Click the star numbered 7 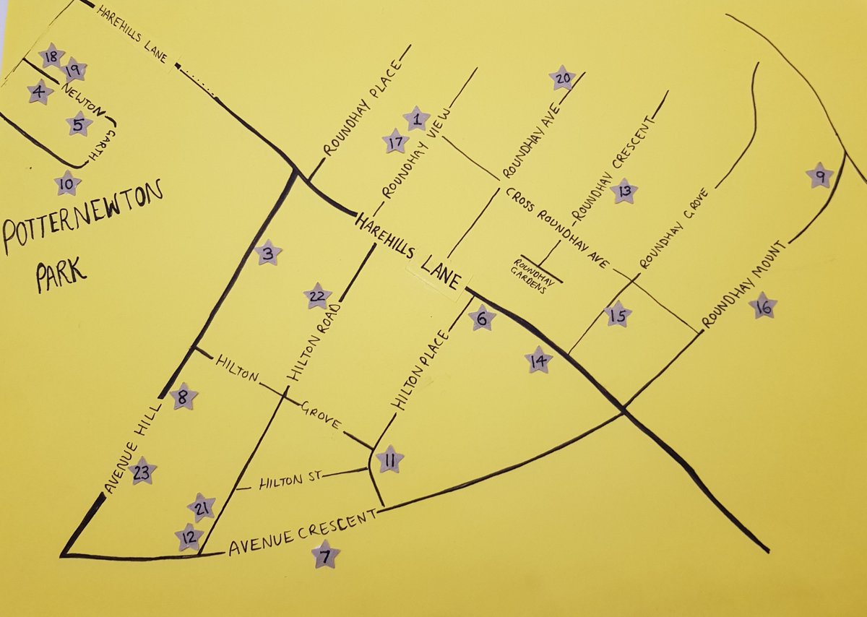click(x=325, y=555)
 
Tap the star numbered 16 click(x=764, y=306)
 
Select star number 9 click(x=819, y=176)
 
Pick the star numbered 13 click(x=624, y=191)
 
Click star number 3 click(x=268, y=253)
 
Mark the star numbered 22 click(x=317, y=295)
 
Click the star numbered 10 click(x=67, y=184)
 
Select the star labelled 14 click(x=538, y=359)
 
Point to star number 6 click(x=482, y=318)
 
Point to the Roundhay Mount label click(x=751, y=282)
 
